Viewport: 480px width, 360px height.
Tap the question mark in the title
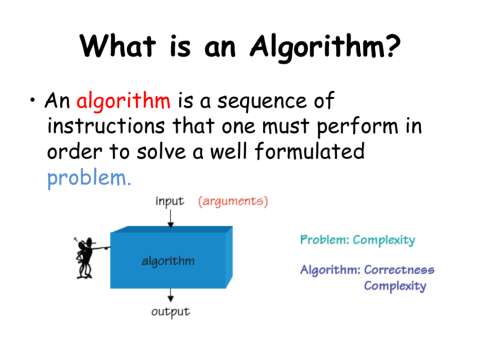click(392, 45)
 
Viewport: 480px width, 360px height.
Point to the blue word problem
click(88, 180)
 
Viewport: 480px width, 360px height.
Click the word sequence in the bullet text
click(252, 102)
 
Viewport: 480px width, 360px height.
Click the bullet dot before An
click(34, 102)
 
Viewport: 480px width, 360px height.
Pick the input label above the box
click(170, 201)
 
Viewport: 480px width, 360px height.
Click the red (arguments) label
click(233, 201)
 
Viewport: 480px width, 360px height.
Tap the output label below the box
click(171, 313)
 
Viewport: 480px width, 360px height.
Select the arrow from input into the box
click(170, 217)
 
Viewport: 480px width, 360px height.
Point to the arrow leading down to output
click(170, 295)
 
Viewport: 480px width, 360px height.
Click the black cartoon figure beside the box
click(86, 257)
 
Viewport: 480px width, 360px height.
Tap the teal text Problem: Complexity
click(357, 240)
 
